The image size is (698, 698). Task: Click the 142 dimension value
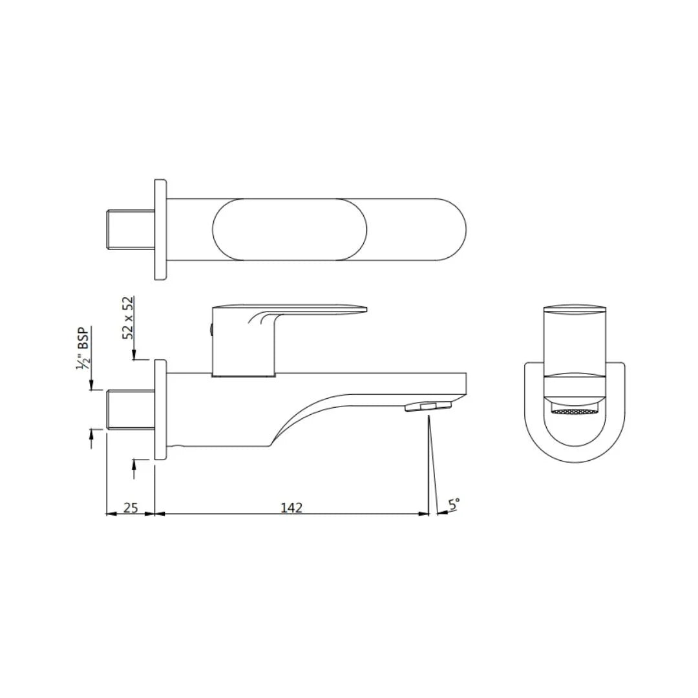point(291,507)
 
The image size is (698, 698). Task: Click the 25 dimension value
point(131,507)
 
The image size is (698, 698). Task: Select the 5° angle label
point(454,504)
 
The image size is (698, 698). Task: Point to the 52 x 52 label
point(128,318)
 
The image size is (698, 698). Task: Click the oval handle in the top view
point(290,230)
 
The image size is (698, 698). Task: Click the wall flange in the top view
point(160,230)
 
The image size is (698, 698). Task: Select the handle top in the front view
point(575,308)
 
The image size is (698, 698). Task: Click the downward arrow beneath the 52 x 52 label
point(134,355)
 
